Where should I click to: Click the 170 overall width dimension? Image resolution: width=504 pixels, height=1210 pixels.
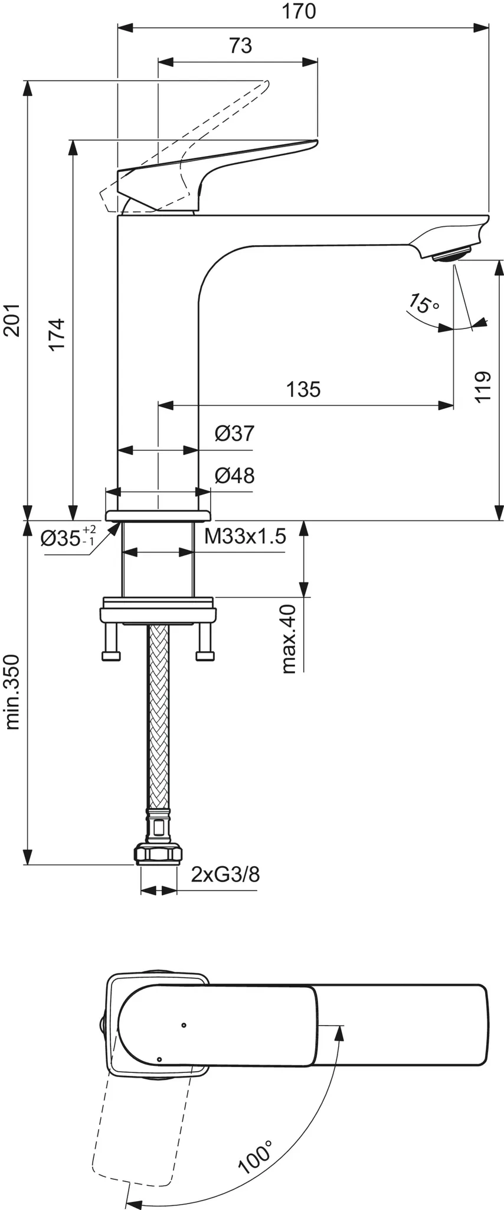tap(298, 11)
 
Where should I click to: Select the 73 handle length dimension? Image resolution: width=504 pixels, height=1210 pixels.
tap(240, 45)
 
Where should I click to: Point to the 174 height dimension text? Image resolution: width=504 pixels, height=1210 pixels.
tap(57, 334)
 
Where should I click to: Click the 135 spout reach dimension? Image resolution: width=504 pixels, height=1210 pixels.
tap(303, 389)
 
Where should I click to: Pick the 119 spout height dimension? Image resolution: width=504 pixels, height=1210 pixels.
tap(483, 387)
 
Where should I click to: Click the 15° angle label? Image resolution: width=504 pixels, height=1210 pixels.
tap(423, 304)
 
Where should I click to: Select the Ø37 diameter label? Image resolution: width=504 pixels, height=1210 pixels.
tap(234, 434)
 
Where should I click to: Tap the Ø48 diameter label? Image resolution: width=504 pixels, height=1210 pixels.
tap(234, 476)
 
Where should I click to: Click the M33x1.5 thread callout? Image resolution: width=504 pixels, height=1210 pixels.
tap(245, 536)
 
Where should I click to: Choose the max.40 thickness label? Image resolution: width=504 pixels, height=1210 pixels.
tap(289, 639)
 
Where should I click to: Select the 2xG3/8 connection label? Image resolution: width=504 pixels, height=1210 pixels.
tap(225, 874)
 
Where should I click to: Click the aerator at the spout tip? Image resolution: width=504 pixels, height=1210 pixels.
tap(451, 255)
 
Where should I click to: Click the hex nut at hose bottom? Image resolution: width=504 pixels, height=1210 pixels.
tap(158, 855)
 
